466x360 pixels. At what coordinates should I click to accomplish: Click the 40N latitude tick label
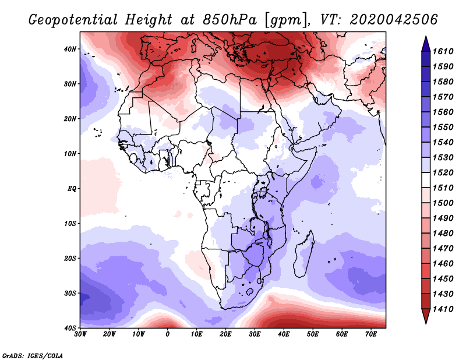70,49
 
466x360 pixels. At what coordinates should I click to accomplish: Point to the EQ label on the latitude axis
72,189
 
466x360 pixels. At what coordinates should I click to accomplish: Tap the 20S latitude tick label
70,258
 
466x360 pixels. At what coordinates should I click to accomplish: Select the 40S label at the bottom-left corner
70,328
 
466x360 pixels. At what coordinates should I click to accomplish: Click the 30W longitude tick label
80,334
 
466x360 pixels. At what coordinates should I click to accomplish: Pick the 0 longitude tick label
168,334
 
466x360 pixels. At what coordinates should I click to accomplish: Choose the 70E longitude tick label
371,334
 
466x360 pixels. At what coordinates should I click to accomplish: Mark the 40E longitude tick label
284,334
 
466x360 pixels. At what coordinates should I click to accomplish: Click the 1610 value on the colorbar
443,51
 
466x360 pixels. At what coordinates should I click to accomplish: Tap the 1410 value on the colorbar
443,309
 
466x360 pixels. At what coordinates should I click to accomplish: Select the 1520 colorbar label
443,172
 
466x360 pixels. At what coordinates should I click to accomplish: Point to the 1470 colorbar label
443,249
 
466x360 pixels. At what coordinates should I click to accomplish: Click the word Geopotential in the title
73,20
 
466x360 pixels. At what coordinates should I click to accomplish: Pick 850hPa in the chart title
230,20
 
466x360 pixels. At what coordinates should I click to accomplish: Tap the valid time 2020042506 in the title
394,20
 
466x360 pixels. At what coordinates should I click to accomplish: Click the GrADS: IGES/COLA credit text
33,355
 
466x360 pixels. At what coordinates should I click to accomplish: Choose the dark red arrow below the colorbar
426,316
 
